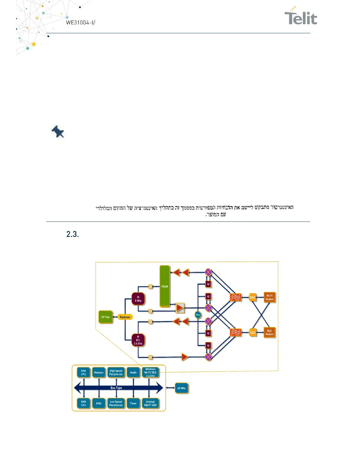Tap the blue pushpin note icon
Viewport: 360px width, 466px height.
[58, 132]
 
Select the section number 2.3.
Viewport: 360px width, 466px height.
[72, 234]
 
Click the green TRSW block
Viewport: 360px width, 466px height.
[165, 286]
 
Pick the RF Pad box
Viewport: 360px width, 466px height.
[106, 317]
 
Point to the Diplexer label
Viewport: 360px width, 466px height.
[125, 317]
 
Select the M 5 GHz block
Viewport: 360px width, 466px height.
[138, 299]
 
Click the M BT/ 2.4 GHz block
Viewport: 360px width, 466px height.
[138, 340]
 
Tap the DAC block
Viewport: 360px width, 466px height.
[252, 297]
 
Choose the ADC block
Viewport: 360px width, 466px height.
[253, 333]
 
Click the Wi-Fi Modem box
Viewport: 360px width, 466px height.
[269, 297]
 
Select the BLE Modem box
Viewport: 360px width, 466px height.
[269, 332]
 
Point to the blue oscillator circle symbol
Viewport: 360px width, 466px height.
[198, 315]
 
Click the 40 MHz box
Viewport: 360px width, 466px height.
[181, 388]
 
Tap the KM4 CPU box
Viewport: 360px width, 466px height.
[84, 372]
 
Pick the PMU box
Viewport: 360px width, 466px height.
[99, 403]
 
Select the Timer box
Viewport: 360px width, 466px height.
[133, 403]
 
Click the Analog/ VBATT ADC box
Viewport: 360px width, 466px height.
[150, 403]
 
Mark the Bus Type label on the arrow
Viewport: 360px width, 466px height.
[116, 388]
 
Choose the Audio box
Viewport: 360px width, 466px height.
[133, 372]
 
